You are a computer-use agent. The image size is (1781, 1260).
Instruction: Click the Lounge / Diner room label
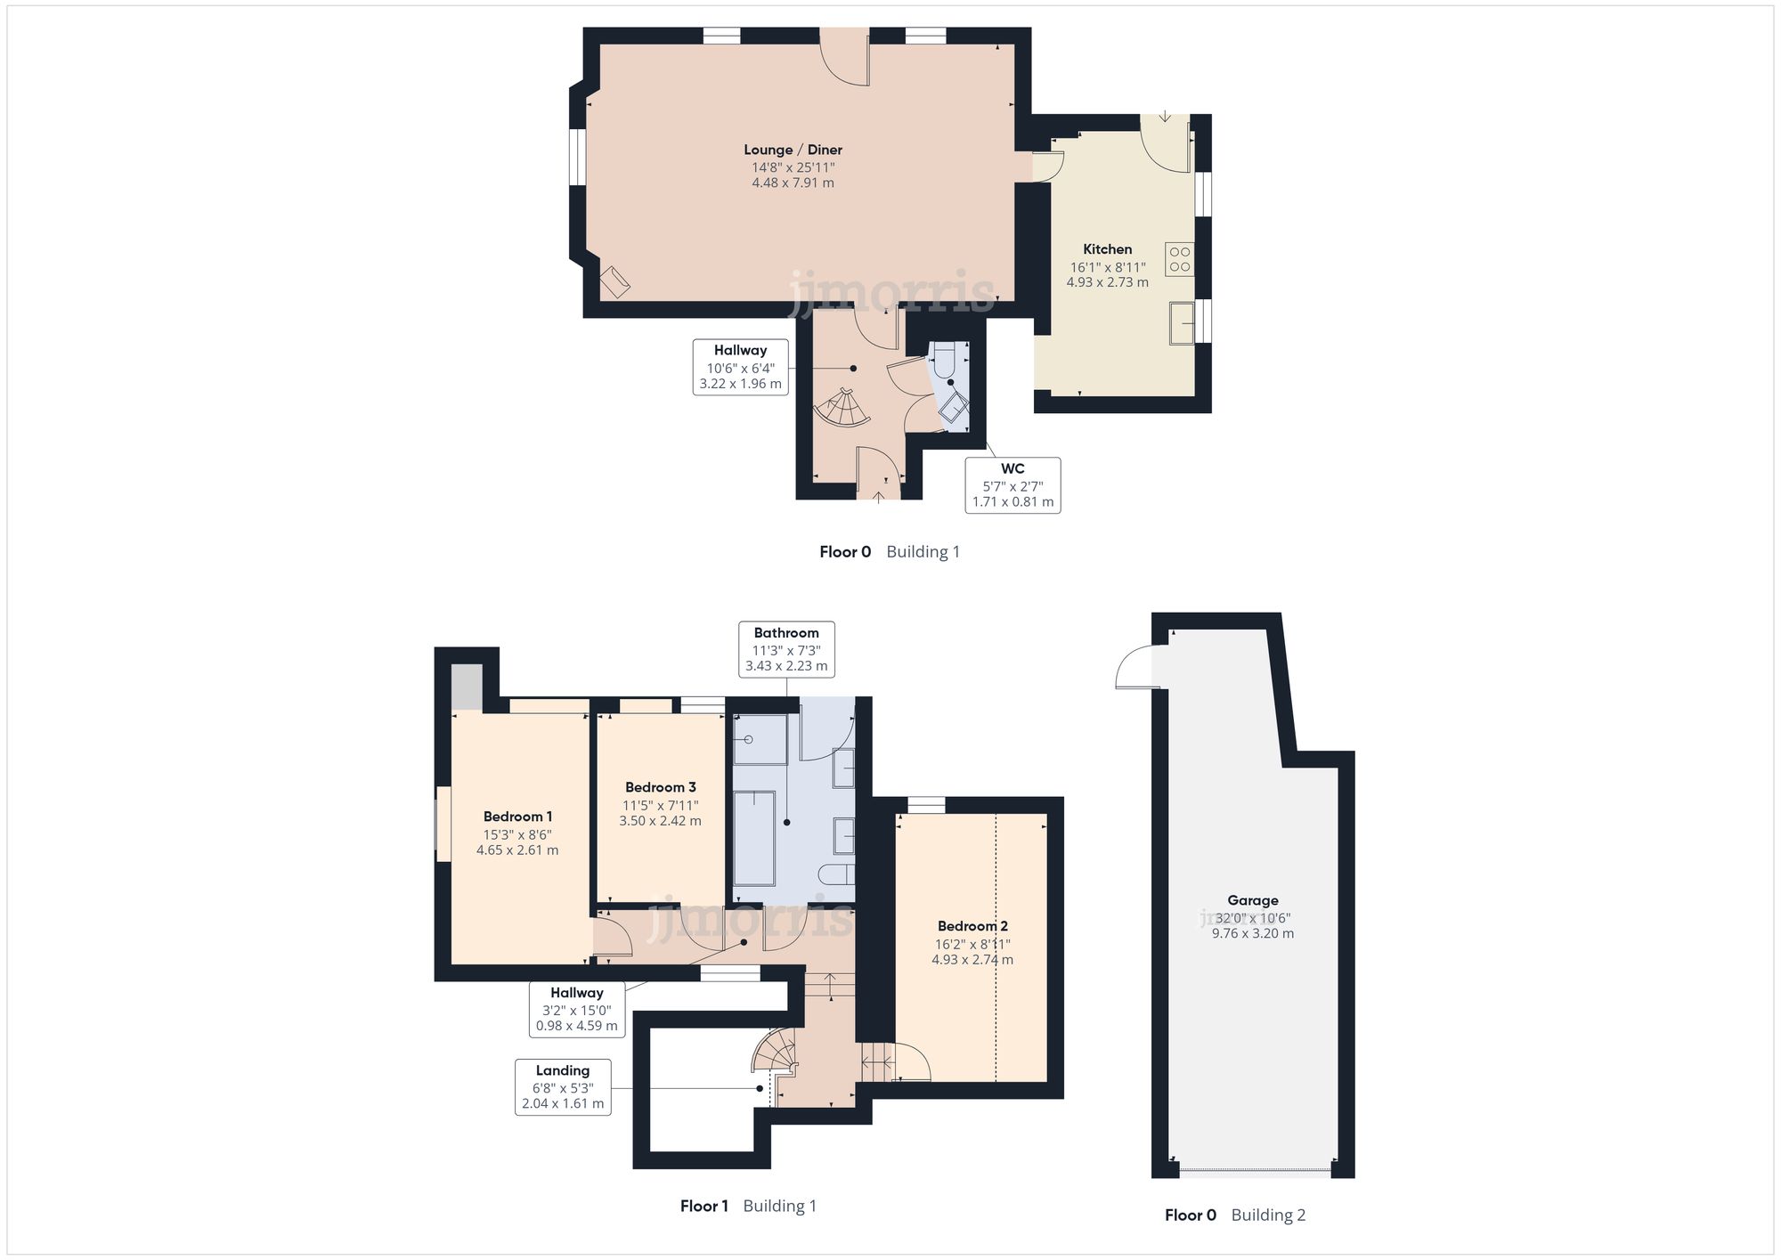(793, 150)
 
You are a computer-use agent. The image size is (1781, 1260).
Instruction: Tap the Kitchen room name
(1107, 249)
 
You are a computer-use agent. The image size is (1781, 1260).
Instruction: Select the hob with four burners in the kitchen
(1179, 259)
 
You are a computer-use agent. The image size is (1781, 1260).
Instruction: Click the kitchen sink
(1182, 322)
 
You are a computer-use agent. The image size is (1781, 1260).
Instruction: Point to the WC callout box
(1012, 484)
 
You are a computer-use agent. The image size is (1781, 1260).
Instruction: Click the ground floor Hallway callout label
(740, 367)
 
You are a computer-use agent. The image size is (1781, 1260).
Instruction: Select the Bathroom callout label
(786, 648)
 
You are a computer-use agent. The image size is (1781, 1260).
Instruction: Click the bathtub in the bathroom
(754, 838)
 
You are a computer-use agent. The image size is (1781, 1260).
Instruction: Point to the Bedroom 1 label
(517, 817)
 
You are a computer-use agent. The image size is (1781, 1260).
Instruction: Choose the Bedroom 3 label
(660, 787)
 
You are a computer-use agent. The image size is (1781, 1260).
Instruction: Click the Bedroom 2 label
(972, 926)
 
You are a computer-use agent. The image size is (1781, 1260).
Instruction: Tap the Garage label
(1252, 900)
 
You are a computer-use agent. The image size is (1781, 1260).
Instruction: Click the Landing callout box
(563, 1086)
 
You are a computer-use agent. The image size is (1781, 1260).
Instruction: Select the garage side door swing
(1134, 667)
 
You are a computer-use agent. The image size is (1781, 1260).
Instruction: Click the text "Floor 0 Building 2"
(1235, 1215)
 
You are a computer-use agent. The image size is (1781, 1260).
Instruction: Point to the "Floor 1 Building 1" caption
(748, 1206)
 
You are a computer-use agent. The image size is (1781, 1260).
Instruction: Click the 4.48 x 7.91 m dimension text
(793, 183)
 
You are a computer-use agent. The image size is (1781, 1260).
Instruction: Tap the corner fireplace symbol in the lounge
(614, 282)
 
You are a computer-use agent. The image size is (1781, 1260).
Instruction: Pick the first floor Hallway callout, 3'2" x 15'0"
(576, 1009)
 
